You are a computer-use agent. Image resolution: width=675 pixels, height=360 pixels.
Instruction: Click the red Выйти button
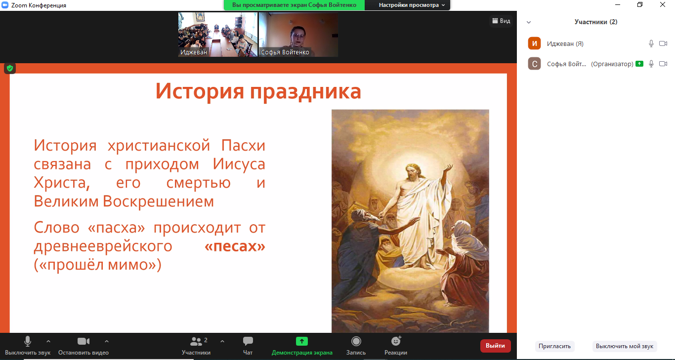click(496, 346)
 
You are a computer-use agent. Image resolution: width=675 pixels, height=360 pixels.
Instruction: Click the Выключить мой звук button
click(625, 346)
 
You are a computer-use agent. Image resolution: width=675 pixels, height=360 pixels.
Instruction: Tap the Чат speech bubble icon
click(248, 341)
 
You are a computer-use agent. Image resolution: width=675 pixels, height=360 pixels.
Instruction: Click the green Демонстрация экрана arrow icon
click(301, 341)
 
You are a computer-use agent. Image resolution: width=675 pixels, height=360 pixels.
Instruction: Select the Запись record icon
click(356, 341)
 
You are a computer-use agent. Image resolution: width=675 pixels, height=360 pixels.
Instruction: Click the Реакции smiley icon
click(396, 341)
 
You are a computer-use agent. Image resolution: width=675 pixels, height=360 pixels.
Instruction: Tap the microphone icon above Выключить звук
click(27, 341)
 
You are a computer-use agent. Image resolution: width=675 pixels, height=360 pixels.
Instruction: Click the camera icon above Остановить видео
click(84, 341)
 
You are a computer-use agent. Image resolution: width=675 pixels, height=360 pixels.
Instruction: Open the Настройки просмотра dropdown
click(411, 5)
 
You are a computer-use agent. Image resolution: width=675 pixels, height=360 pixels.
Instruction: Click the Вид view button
click(501, 21)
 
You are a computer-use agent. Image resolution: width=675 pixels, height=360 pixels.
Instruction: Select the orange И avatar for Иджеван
click(534, 43)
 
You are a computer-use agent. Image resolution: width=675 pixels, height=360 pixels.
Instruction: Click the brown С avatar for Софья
click(534, 64)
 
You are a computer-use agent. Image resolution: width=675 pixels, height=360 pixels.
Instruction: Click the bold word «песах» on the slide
click(235, 246)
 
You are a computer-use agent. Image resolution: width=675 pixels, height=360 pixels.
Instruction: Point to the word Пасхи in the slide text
click(243, 145)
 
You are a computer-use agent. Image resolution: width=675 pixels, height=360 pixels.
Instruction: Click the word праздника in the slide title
click(305, 91)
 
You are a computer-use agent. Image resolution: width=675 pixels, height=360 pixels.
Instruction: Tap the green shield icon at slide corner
click(10, 68)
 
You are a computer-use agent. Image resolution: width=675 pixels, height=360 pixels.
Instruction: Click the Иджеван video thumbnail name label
click(194, 52)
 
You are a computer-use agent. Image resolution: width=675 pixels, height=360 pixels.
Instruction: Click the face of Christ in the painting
click(412, 173)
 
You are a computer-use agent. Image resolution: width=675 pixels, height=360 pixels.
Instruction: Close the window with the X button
click(662, 4)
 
